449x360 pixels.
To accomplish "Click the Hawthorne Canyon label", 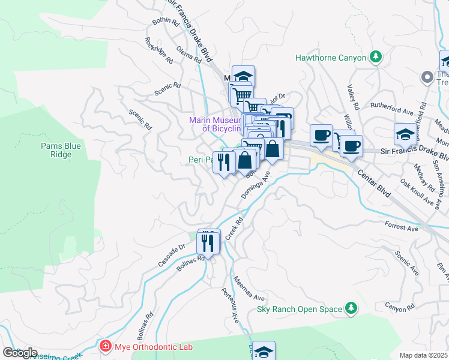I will [330, 58].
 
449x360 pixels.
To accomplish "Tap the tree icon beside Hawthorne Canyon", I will [376, 57].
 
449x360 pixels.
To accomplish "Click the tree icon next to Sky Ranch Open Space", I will [351, 309].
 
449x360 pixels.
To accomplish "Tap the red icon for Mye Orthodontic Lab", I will [106, 346].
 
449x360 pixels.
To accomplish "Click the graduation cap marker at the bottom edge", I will [264, 351].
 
